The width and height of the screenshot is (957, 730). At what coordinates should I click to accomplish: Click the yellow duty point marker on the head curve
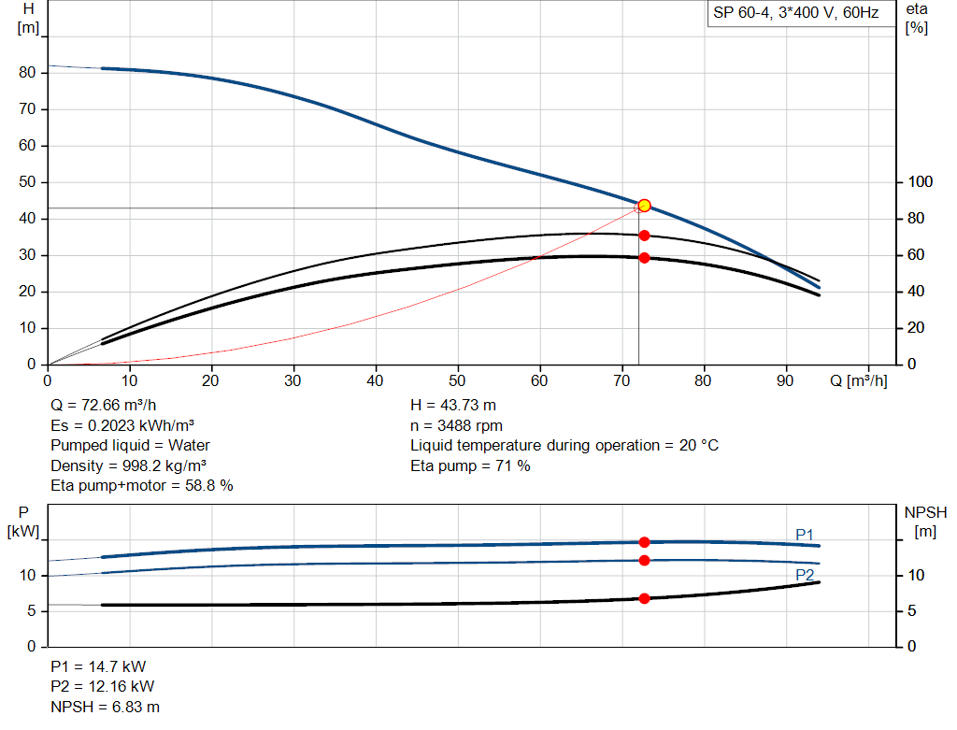pyautogui.click(x=644, y=206)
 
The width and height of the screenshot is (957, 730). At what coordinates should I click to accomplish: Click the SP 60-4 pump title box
pyautogui.click(x=794, y=14)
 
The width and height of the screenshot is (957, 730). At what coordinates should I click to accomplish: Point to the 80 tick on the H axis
pyautogui.click(x=28, y=73)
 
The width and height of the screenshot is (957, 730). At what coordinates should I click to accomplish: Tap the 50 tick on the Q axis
pyautogui.click(x=458, y=381)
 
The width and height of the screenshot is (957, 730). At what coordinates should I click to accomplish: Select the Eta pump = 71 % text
pyautogui.click(x=470, y=465)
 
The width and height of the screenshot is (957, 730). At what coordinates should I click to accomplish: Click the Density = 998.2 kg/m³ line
pyautogui.click(x=129, y=465)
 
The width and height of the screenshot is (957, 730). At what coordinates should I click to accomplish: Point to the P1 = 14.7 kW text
pyautogui.click(x=98, y=666)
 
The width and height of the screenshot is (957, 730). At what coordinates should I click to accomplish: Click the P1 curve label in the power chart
pyautogui.click(x=804, y=534)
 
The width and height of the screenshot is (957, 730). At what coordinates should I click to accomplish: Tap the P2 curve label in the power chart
pyautogui.click(x=804, y=574)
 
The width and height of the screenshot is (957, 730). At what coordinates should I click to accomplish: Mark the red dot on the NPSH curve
pyautogui.click(x=644, y=598)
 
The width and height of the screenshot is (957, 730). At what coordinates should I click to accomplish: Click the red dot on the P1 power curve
pyautogui.click(x=644, y=542)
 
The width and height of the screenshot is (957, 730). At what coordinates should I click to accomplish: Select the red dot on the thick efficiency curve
pyautogui.click(x=644, y=258)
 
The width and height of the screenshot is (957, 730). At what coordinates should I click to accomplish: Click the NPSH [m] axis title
pyautogui.click(x=925, y=522)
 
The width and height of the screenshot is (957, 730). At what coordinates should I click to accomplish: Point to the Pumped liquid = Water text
pyautogui.click(x=131, y=445)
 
